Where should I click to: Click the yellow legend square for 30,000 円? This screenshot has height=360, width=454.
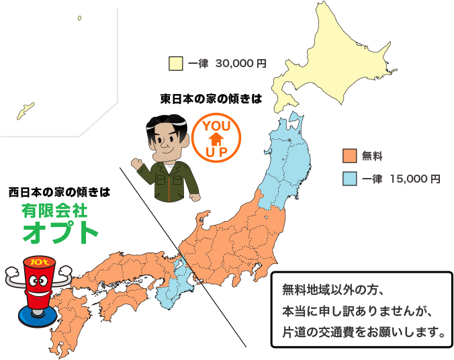[x=176, y=64]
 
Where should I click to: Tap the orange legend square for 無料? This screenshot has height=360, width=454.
[x=349, y=156]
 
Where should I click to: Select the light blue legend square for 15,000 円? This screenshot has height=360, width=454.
[x=349, y=179]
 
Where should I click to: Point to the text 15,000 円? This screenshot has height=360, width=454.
[x=415, y=179]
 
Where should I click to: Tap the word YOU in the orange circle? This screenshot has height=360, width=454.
[x=216, y=127]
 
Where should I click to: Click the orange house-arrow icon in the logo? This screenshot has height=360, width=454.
[x=216, y=139]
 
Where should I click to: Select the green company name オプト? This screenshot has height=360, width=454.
[x=60, y=232]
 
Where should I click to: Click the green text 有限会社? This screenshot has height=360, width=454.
[x=54, y=211]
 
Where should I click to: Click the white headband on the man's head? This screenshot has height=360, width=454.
[x=165, y=124]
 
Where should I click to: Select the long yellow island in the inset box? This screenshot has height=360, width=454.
[x=26, y=109]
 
